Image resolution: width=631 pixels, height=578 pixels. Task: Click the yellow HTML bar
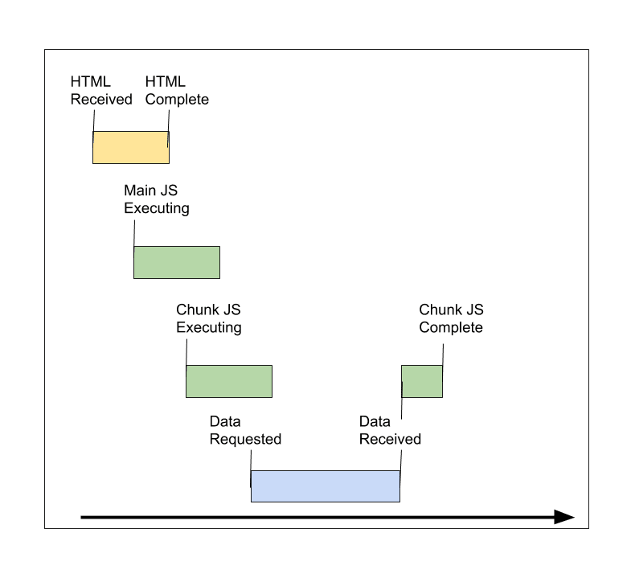point(130,148)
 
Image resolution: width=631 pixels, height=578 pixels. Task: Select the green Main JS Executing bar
point(176,262)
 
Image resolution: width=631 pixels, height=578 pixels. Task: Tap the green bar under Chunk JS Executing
point(229,381)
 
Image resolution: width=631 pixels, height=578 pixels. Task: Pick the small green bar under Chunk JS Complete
point(422,381)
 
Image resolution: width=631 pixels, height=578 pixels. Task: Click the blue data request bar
point(325,486)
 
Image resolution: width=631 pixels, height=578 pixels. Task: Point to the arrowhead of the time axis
point(565,517)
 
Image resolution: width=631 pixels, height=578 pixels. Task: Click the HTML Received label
point(100,91)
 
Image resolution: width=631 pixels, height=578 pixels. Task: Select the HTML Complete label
point(176,91)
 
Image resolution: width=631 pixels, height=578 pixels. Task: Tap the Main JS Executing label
point(156,199)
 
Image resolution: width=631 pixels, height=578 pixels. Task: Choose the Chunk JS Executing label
point(208,318)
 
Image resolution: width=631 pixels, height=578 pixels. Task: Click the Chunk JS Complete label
point(451,318)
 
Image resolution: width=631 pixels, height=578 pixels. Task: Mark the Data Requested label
point(245,430)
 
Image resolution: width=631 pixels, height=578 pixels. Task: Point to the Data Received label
point(390,430)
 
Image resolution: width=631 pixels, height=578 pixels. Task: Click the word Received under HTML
point(100,100)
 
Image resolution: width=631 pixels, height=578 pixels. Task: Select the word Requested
point(245,439)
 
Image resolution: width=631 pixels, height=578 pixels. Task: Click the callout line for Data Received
point(401,402)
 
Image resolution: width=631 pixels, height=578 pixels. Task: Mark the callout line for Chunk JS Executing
point(186,350)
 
